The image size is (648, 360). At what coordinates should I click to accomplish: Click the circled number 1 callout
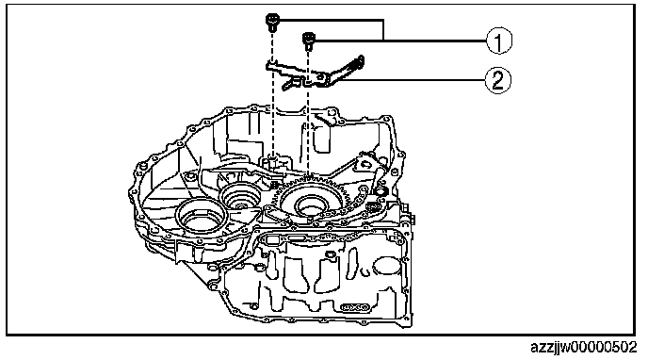[498, 41]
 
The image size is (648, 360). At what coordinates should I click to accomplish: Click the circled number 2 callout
[498, 80]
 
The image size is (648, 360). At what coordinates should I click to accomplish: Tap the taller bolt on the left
[272, 22]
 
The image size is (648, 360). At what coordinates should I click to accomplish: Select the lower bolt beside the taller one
[308, 41]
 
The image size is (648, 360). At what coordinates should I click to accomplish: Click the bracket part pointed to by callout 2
[314, 74]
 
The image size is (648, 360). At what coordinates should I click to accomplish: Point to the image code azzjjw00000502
[583, 347]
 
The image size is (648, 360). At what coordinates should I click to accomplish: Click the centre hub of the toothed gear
[310, 204]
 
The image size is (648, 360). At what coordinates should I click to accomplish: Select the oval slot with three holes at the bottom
[354, 307]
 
